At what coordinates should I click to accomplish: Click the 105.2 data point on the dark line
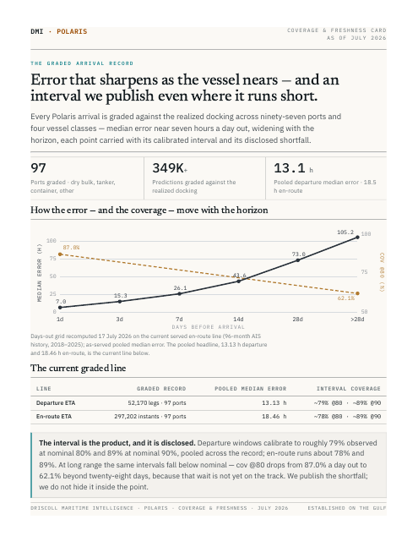pos(357,237)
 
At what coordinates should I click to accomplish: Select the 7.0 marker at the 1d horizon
pos(60,307)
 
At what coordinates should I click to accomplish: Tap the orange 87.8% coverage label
pos(71,248)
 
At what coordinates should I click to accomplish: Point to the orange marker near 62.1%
pos(357,293)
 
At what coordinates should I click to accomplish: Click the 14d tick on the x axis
pos(238,320)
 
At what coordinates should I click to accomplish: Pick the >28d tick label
pos(357,320)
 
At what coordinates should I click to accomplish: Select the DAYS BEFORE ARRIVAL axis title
pos(208,327)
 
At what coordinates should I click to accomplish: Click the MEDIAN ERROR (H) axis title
pos(40,272)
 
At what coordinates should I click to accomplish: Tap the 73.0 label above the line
pos(298,254)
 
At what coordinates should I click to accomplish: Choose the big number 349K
pos(168,168)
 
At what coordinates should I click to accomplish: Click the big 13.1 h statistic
pos(293,168)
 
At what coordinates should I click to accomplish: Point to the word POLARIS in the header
pos(72,31)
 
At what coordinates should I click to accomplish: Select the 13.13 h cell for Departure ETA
pos(274,402)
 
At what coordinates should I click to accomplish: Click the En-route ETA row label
pos(54,417)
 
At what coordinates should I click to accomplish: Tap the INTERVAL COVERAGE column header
pos(349,389)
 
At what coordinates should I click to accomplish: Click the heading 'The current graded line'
pos(79,369)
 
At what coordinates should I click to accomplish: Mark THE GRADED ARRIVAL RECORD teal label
pos(82,63)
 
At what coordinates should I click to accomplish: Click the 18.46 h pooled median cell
pos(274,417)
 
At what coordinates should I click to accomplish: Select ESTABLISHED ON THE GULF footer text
pos(347,508)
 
